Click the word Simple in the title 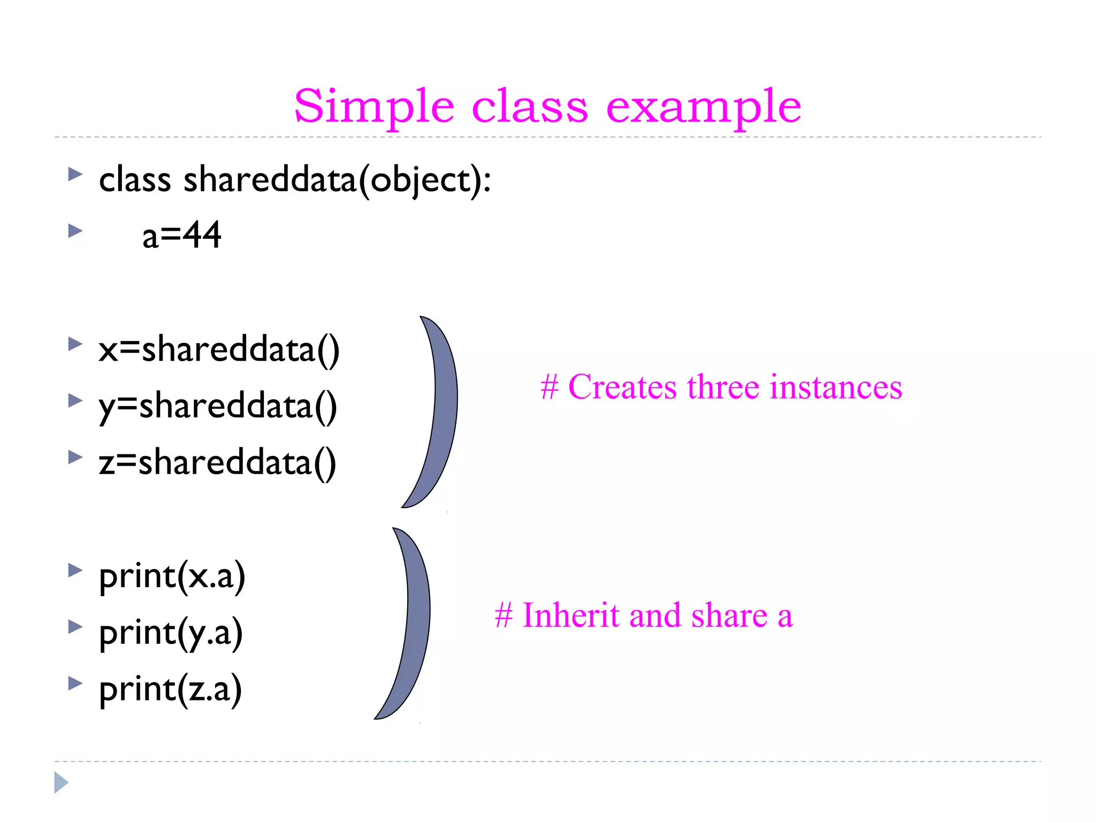pyautogui.click(x=374, y=107)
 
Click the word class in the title pyautogui.click(x=530, y=107)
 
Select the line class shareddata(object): pyautogui.click(x=294, y=180)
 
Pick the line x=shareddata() pyautogui.click(x=218, y=350)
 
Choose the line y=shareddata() pyautogui.click(x=217, y=407)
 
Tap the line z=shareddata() pyautogui.click(x=217, y=463)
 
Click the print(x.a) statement pyautogui.click(x=172, y=577)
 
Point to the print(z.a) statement pyautogui.click(x=170, y=690)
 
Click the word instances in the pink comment pyautogui.click(x=835, y=387)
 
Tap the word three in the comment pyautogui.click(x=723, y=387)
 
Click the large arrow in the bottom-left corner pyautogui.click(x=61, y=782)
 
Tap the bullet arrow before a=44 pyautogui.click(x=75, y=231)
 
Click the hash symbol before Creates pyautogui.click(x=550, y=387)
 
